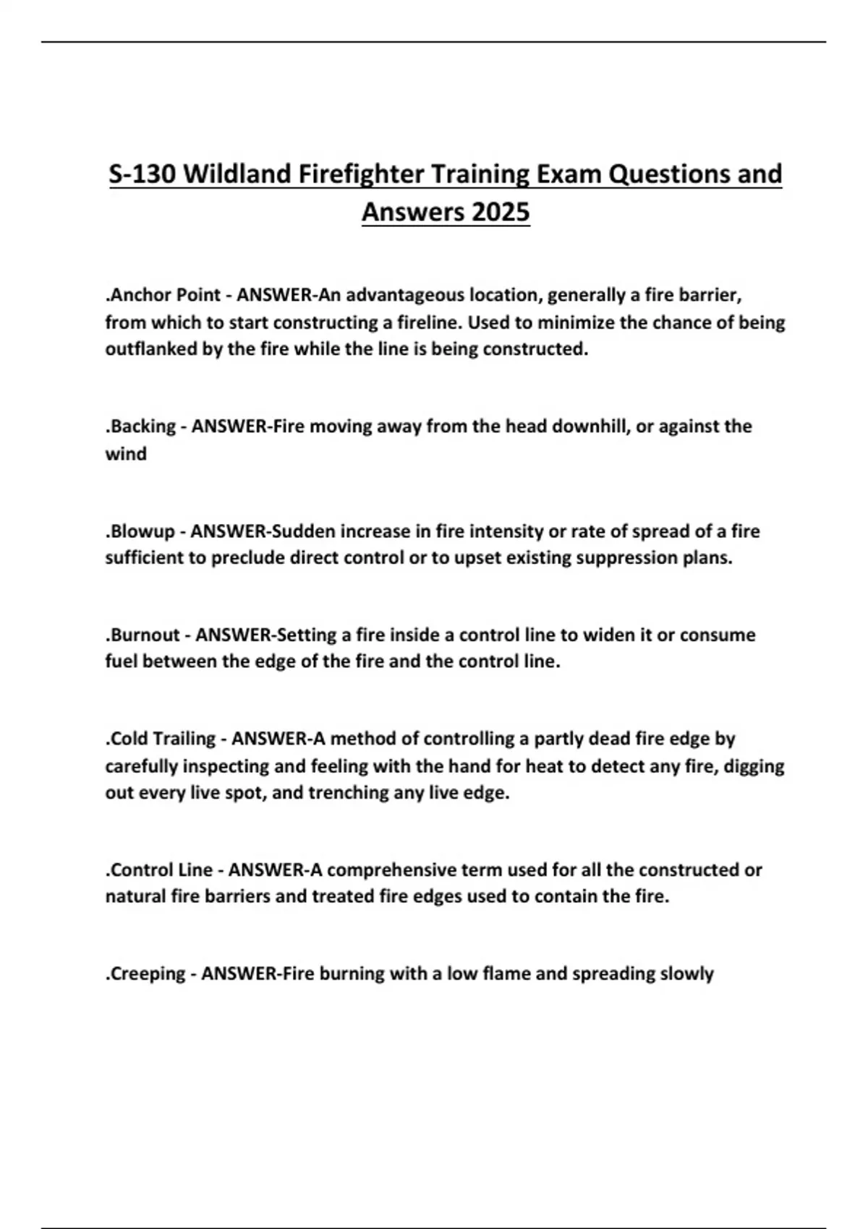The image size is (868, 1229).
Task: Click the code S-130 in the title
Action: point(143,175)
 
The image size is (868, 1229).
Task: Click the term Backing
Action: point(142,427)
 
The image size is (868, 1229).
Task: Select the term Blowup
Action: point(141,532)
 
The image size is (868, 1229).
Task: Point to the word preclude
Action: point(248,559)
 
